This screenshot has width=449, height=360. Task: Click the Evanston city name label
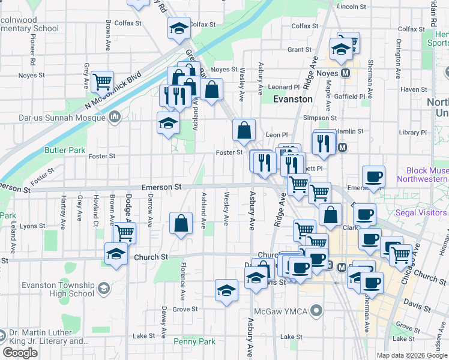coord(293,99)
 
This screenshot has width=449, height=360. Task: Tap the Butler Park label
coord(65,150)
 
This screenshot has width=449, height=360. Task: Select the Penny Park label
coord(194,341)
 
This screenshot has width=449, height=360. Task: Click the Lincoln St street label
coord(352,7)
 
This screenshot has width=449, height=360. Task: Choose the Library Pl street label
coord(412,132)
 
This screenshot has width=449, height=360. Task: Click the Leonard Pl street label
coord(283,87)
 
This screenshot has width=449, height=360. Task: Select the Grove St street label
coord(185,310)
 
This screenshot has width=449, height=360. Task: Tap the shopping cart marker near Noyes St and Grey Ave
coord(103,80)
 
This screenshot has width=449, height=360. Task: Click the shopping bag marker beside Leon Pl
coord(244,130)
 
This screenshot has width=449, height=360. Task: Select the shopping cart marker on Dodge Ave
coord(124,232)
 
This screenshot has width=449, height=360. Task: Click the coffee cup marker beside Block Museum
coord(373,176)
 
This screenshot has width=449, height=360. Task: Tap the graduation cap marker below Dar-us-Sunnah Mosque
coord(168,122)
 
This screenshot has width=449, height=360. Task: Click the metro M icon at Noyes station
coord(345,73)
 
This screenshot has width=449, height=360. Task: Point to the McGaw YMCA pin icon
coord(318,310)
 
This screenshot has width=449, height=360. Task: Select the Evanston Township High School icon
coord(104,289)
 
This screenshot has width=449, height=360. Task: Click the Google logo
coord(20,353)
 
